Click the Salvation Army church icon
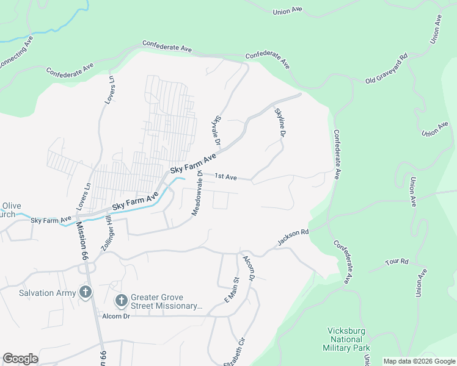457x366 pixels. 86,293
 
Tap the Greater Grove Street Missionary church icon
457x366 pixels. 121,301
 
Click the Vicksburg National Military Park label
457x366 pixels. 346,339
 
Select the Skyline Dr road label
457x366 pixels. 280,123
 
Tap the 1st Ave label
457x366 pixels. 225,177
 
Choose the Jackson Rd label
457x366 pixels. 293,237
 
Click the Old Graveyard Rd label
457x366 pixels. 386,69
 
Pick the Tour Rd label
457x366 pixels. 397,262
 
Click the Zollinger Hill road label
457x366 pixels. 105,228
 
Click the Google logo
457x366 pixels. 20,359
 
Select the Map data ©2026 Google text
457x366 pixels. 419,361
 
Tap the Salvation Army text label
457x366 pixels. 48,293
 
